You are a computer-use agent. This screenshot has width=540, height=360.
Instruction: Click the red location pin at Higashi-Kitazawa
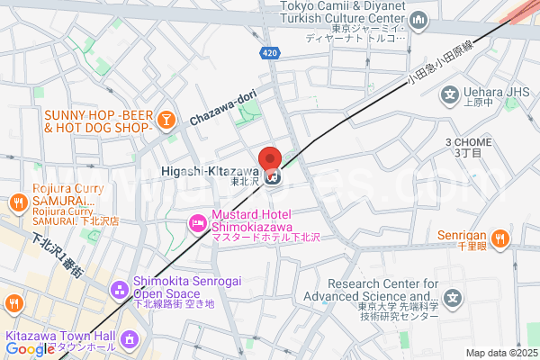click(x=270, y=157)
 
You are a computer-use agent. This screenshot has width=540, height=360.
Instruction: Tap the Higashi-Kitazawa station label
click(x=211, y=171)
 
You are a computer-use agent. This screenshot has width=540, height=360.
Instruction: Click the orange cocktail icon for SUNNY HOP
click(x=166, y=120)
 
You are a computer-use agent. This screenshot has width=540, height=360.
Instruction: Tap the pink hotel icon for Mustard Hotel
click(x=196, y=221)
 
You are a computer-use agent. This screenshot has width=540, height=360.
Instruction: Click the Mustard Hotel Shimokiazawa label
click(x=254, y=220)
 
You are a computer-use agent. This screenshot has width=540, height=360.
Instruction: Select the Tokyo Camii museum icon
click(x=418, y=19)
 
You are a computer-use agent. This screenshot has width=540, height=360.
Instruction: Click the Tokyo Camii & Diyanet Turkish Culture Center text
click(x=341, y=13)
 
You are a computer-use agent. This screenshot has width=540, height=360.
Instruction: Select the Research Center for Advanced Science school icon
click(x=454, y=296)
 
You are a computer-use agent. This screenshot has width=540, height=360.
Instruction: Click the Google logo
click(x=30, y=349)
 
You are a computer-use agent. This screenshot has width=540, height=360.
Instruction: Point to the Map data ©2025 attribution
click(x=500, y=353)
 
